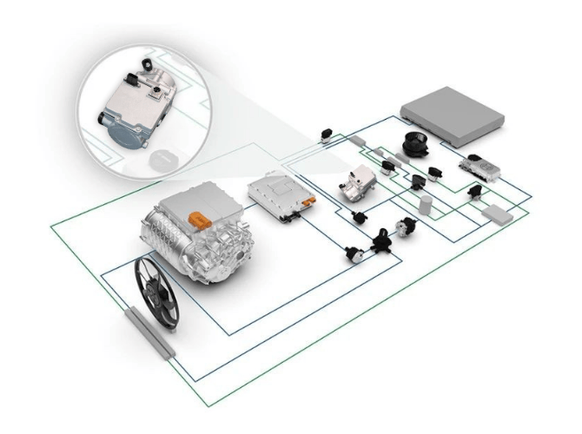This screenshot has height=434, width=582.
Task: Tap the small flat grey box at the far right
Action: tap(499, 211)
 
